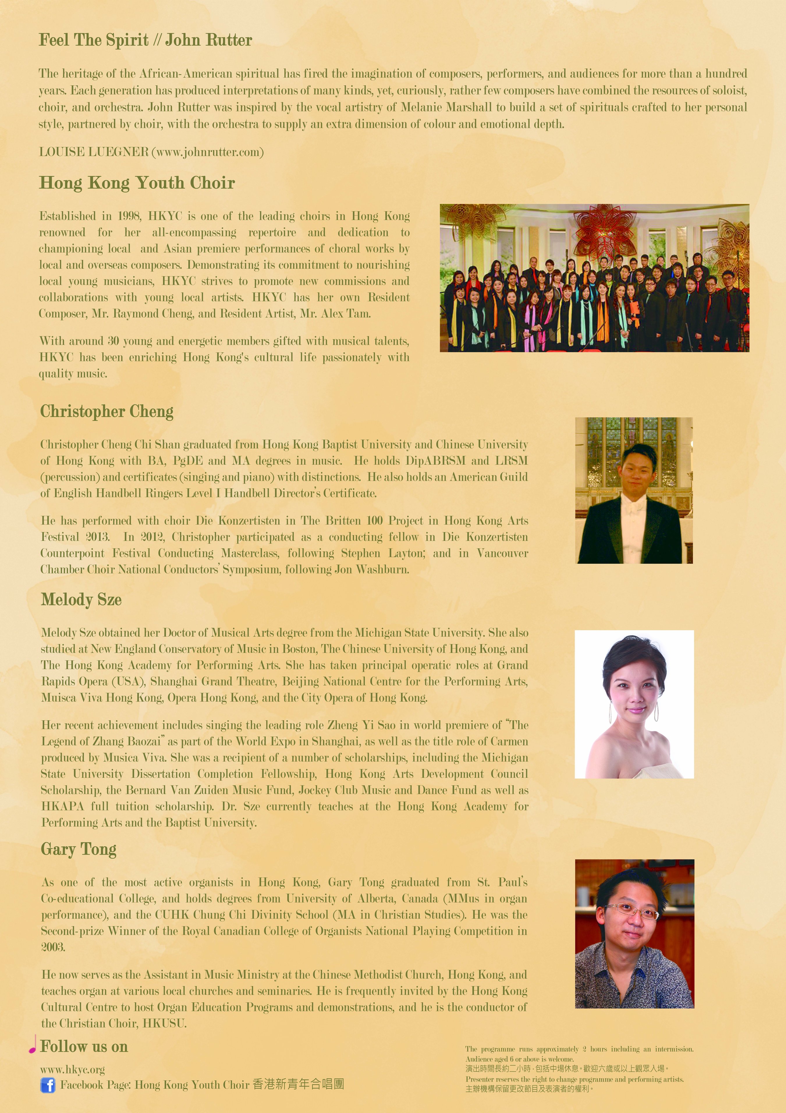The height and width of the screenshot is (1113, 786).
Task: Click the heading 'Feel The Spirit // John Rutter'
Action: (x=146, y=40)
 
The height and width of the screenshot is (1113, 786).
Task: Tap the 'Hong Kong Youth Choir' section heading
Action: (x=137, y=183)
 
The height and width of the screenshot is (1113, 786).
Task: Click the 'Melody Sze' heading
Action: (x=81, y=599)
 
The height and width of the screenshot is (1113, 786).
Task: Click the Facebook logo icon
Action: (x=47, y=1085)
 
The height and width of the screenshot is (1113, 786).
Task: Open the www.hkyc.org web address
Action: (x=72, y=1069)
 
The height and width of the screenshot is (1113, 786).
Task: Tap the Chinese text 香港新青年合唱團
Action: (x=298, y=1084)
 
